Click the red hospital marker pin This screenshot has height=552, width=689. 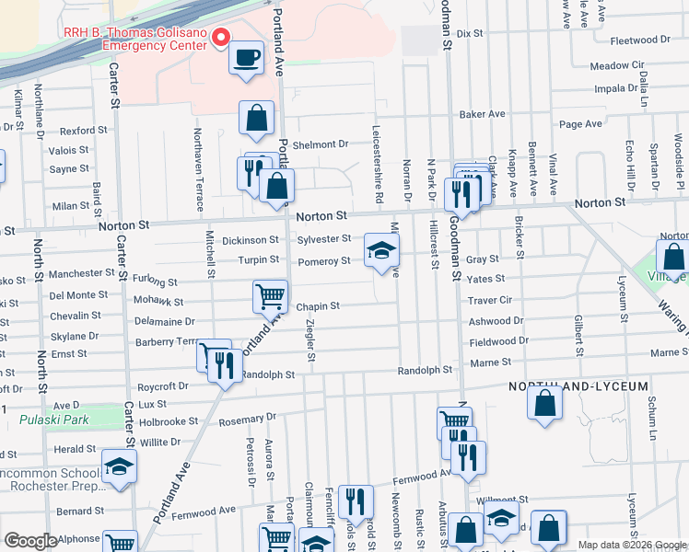click(x=219, y=38)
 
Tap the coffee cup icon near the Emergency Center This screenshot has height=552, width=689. click(x=246, y=58)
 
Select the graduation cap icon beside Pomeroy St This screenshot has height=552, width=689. click(x=382, y=250)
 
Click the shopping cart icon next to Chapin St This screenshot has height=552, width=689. click(x=270, y=296)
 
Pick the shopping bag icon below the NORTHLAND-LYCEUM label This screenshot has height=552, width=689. click(x=545, y=403)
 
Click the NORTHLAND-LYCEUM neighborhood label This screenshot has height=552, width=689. click(x=579, y=386)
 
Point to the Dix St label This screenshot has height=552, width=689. click(x=470, y=33)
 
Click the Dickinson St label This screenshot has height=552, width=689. click(x=250, y=240)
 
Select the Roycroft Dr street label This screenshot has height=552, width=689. click(x=161, y=388)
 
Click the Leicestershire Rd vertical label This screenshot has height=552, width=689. click(x=378, y=166)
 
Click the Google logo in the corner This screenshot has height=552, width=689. click(x=30, y=541)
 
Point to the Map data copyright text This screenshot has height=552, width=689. click(x=632, y=545)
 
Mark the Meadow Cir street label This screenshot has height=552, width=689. click(x=616, y=66)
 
